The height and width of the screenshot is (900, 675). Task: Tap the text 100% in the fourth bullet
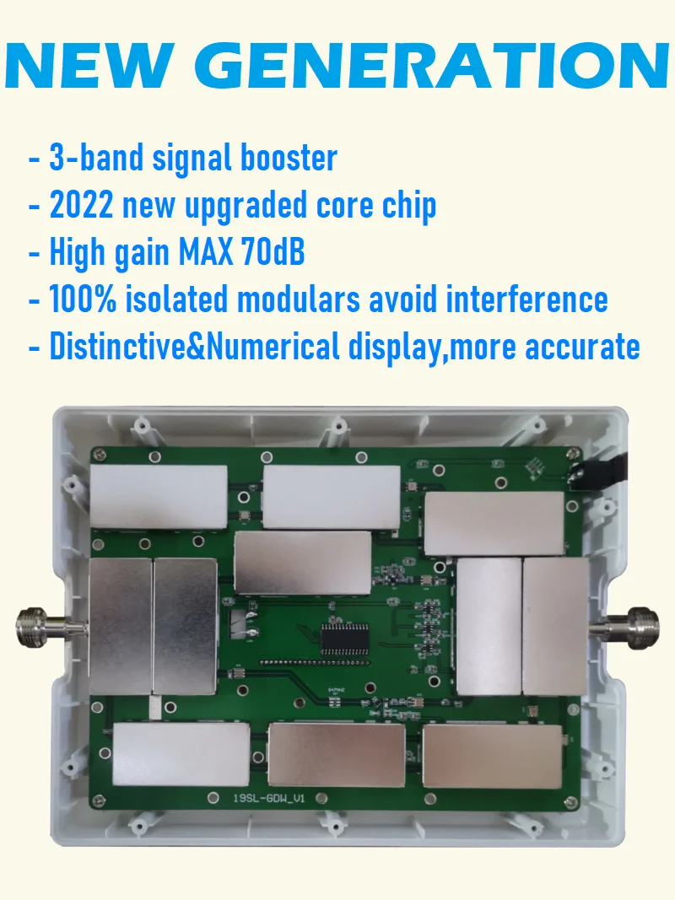(x=85, y=299)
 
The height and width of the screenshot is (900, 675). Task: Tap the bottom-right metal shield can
(x=492, y=755)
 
